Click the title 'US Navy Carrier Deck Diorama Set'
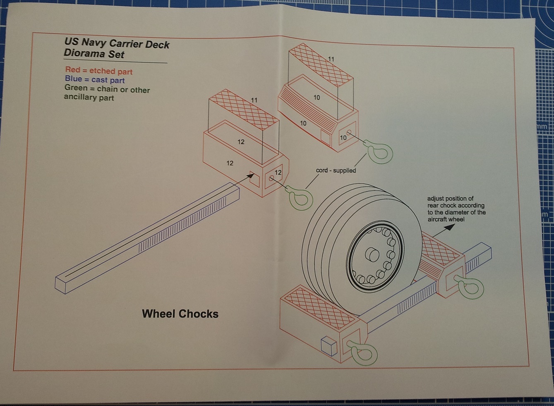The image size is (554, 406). (116, 49)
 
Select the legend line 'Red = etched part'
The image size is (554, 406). (98, 71)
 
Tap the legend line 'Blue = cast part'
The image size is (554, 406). (95, 80)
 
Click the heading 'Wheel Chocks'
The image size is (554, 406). (180, 314)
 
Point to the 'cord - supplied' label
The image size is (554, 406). (336, 170)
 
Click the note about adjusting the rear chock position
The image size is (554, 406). (456, 209)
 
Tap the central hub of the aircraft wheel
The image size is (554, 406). (372, 254)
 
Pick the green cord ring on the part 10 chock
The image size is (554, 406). (380, 152)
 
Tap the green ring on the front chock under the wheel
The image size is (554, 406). (363, 354)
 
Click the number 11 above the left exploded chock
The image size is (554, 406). (254, 100)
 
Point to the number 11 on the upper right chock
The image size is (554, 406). (331, 59)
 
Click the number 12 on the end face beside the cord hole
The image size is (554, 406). (278, 173)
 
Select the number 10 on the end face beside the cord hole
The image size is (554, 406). (343, 138)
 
